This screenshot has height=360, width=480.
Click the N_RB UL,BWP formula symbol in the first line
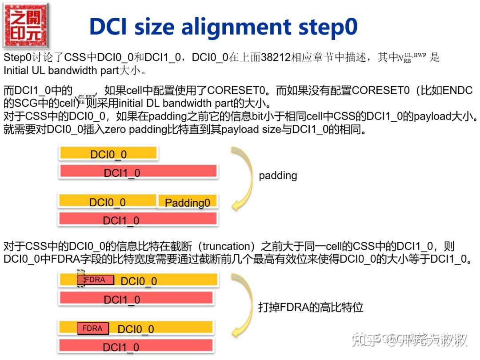[412, 57]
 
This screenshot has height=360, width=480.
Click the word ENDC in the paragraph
[457, 91]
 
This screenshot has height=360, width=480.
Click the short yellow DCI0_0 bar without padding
[108, 154]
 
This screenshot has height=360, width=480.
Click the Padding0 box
[187, 203]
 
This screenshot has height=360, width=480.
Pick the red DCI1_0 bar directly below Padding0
[138, 220]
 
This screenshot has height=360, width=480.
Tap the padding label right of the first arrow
[278, 176]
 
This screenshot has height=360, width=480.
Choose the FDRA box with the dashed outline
[95, 280]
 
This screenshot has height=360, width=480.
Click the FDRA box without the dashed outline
[92, 328]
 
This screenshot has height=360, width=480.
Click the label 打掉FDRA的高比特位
[311, 307]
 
